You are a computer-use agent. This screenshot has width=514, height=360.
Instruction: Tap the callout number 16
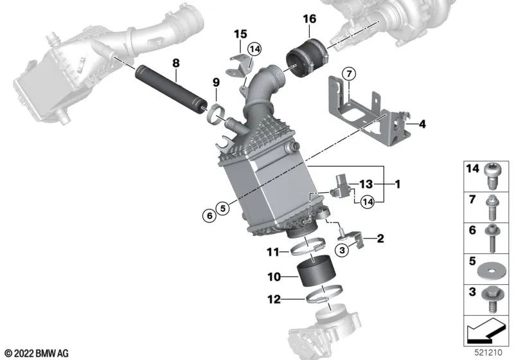[x=310, y=19]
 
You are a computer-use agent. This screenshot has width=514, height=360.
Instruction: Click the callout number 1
[x=397, y=184]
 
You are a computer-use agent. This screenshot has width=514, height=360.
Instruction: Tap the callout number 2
[x=380, y=239]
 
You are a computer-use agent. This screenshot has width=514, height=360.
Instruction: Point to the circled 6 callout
[x=209, y=216]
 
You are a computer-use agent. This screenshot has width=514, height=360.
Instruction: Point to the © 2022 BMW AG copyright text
[x=37, y=352]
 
